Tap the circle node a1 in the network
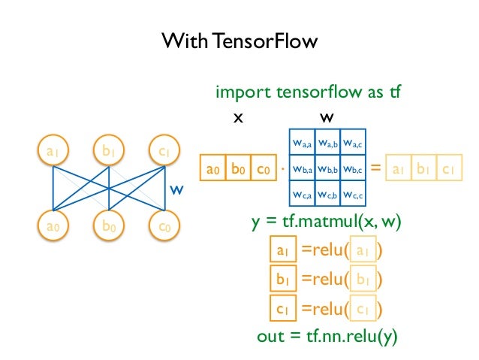click(52, 153)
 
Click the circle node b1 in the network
click(109, 153)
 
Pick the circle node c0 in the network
click(164, 225)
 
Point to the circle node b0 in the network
click(109, 225)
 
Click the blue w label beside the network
click(176, 190)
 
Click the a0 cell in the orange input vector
click(214, 168)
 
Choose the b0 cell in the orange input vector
click(238, 168)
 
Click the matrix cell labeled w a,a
click(302, 143)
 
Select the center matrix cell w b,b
click(327, 169)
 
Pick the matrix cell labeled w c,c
click(353, 195)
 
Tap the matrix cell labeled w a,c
click(353, 143)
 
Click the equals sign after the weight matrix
click(376, 168)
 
